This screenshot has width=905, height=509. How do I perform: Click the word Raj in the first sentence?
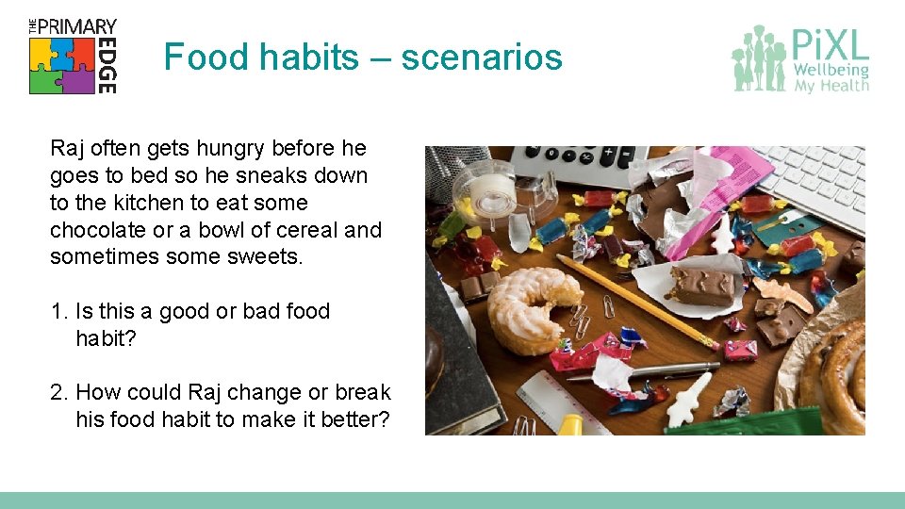[x=67, y=149]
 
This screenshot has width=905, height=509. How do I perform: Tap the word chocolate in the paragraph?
[x=93, y=231]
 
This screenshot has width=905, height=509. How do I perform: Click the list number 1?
[x=58, y=312]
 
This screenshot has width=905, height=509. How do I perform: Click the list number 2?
[x=58, y=393]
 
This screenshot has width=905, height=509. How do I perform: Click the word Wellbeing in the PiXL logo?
[x=831, y=70]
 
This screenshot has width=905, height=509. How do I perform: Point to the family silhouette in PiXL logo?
[x=760, y=58]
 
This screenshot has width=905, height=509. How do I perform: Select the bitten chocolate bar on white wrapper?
[x=703, y=285]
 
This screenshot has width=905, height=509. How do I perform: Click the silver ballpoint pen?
[x=650, y=370]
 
